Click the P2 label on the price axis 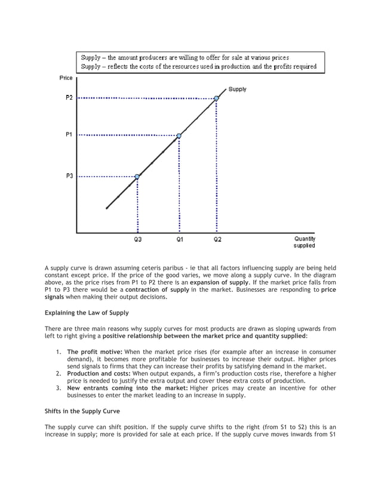(x=69, y=98)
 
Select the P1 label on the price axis (x=69, y=135)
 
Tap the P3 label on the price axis (x=69, y=176)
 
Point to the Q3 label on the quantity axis (x=137, y=240)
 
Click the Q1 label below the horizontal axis (x=179, y=240)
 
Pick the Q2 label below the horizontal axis (x=217, y=240)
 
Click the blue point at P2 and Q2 (x=217, y=98)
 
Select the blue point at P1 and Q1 (x=179, y=135)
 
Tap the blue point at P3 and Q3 (x=137, y=177)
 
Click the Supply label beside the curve (x=237, y=90)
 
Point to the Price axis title (x=66, y=78)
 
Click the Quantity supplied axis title (x=304, y=242)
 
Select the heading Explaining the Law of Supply (x=87, y=312)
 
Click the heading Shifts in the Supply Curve (x=83, y=411)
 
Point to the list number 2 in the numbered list (x=59, y=373)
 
